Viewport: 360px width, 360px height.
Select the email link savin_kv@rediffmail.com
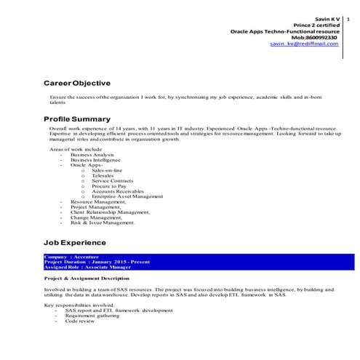(304, 44)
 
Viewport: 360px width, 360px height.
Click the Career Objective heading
(76, 83)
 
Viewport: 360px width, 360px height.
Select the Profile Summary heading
(77, 119)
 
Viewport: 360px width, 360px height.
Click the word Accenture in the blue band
(81, 257)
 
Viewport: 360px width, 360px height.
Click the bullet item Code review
(81, 321)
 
